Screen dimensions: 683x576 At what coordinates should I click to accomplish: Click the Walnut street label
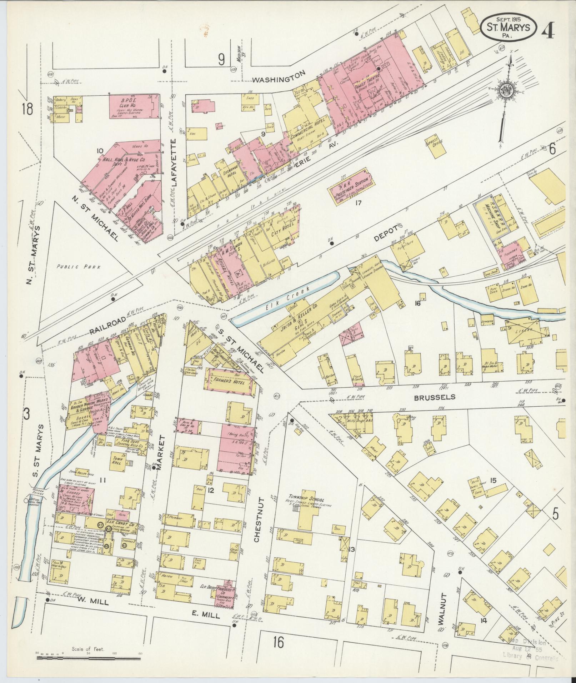click(443, 613)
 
